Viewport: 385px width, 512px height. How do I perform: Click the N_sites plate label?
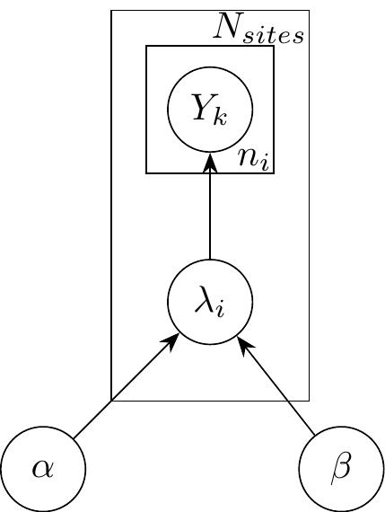[x=258, y=29]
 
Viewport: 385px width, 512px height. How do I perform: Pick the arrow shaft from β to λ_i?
[x=278, y=389]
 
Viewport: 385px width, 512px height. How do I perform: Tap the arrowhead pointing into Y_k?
[x=210, y=162]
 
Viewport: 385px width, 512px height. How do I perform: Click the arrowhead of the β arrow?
[x=245, y=346]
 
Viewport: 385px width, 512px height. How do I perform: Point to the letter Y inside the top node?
[x=202, y=107]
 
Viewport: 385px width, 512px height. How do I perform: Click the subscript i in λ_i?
[x=220, y=309]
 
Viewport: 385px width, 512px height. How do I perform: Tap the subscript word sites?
[x=273, y=36]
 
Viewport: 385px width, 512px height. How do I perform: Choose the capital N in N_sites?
[x=228, y=26]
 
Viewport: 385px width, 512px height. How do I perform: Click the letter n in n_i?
[x=247, y=157]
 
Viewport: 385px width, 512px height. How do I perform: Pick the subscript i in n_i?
[x=265, y=163]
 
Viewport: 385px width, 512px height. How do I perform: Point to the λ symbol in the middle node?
[x=205, y=299]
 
